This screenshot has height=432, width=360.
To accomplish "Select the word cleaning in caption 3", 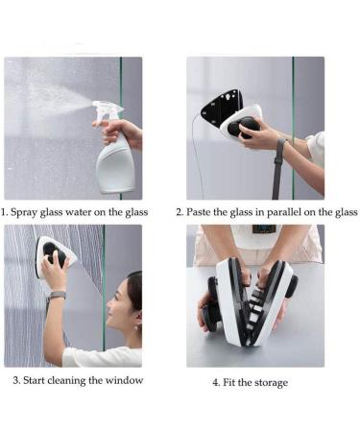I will (74, 380).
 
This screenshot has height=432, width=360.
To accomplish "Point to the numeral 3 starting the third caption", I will (15, 380).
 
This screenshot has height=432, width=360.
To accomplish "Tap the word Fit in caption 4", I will (230, 382).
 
